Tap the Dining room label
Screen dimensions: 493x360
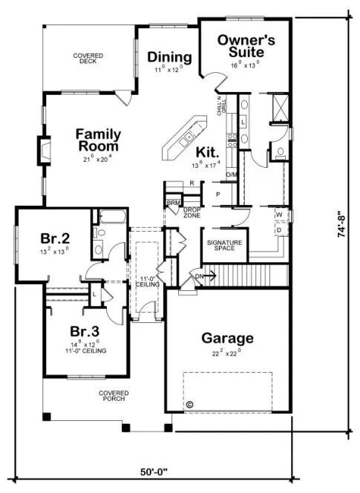[169, 57]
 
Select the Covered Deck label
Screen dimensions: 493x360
[88, 59]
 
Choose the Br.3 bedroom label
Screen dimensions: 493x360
[85, 330]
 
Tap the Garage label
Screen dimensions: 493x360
[227, 339]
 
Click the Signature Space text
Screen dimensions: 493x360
[224, 244]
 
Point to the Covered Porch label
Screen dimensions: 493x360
[114, 396]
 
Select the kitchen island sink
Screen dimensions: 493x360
[190, 137]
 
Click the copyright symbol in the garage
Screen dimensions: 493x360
[189, 405]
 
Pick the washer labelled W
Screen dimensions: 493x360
[279, 215]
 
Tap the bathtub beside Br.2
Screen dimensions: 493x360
[112, 218]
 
